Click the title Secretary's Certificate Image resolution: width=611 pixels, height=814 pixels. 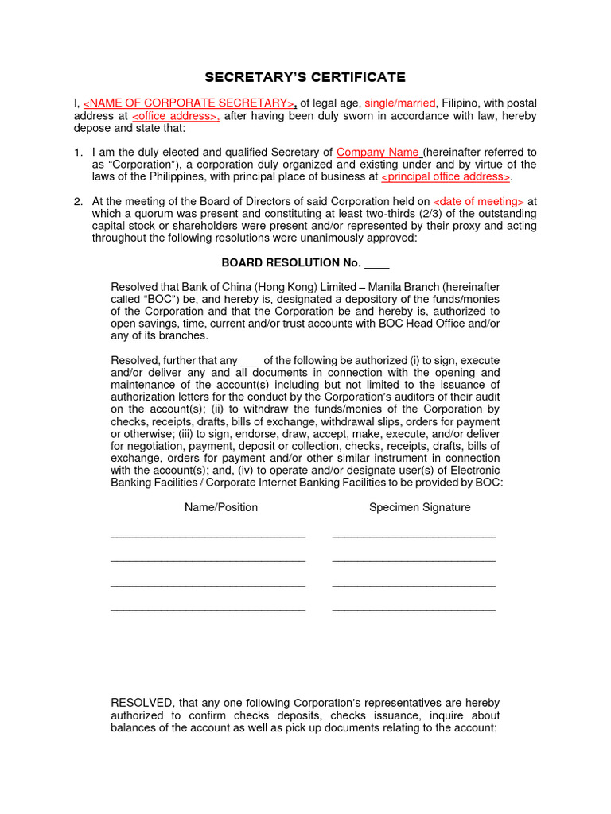[x=305, y=77]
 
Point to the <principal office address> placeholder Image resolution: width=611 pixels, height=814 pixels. [x=446, y=176]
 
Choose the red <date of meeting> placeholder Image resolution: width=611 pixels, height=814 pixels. [x=478, y=202]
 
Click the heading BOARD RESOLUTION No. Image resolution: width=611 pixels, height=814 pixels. [x=291, y=263]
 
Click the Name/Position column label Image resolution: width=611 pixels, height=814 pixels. [x=221, y=507]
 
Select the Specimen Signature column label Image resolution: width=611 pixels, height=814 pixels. [x=419, y=507]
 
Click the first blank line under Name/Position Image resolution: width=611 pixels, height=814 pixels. [x=208, y=537]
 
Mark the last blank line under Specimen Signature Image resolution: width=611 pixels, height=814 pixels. [x=414, y=610]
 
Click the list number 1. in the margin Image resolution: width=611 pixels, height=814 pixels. [x=78, y=152]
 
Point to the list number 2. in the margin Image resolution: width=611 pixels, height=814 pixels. [x=78, y=202]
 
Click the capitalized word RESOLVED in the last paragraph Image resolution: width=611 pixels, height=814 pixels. [x=142, y=704]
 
